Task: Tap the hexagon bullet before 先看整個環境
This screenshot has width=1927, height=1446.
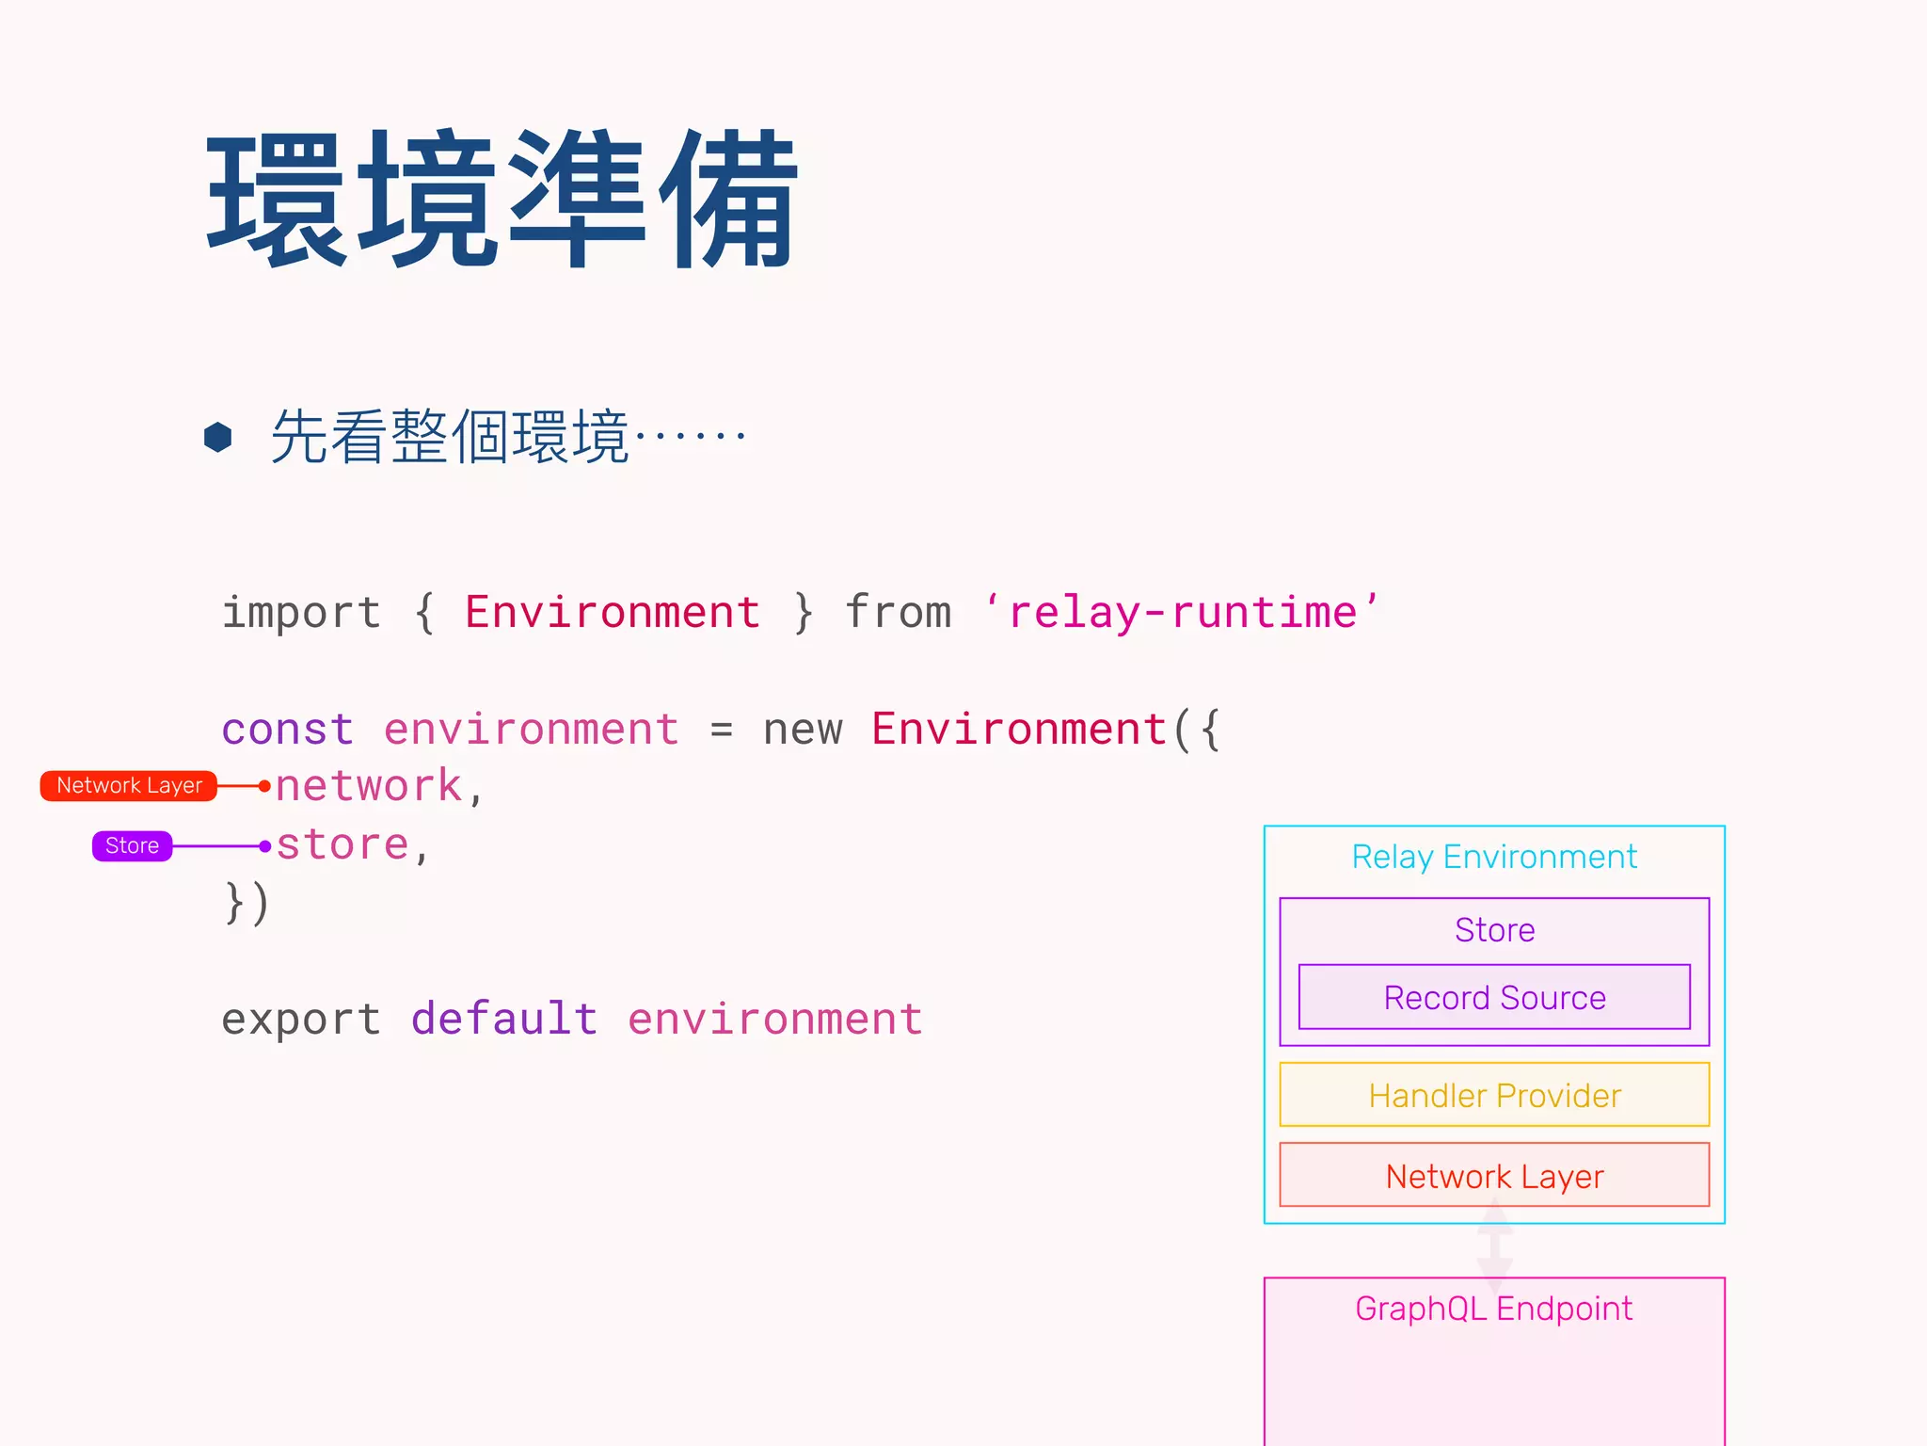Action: coord(218,437)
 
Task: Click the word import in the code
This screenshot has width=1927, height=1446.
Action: coord(301,613)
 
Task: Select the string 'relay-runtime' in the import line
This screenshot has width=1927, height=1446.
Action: coord(1182,613)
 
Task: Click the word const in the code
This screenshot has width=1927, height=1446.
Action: coord(288,730)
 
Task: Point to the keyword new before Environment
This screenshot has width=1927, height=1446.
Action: coord(803,730)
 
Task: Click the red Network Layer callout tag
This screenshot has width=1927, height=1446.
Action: coord(129,786)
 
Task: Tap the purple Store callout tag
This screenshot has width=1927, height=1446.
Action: coord(132,845)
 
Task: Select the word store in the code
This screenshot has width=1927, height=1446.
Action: coord(342,845)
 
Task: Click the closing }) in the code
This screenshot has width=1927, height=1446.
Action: coord(247,903)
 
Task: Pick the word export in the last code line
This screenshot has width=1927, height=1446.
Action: coord(301,1020)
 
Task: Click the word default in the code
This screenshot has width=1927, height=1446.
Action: coord(504,1020)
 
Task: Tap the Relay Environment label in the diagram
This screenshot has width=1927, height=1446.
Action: coord(1494,857)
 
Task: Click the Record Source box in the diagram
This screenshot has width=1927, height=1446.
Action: coord(1494,997)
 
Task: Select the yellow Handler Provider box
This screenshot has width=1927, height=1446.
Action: coord(1494,1095)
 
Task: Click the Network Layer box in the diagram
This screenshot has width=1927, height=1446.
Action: coord(1494,1175)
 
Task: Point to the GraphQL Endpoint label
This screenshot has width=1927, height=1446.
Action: coord(1494,1309)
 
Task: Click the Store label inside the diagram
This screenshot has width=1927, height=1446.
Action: coord(1494,930)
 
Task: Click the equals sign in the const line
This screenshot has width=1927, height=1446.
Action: coord(721,730)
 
